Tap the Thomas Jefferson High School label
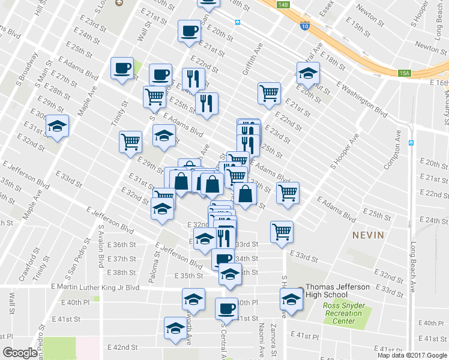pyautogui.click(x=338, y=291)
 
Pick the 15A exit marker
pyautogui.click(x=405, y=73)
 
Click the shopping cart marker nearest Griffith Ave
pyautogui.click(x=269, y=92)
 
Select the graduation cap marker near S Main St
pyautogui.click(x=58, y=126)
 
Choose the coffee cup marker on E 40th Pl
pyautogui.click(x=226, y=308)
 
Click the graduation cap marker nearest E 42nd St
pyautogui.click(x=175, y=328)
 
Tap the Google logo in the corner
pyautogui.click(x=20, y=352)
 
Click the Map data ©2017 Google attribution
pyautogui.click(x=412, y=355)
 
